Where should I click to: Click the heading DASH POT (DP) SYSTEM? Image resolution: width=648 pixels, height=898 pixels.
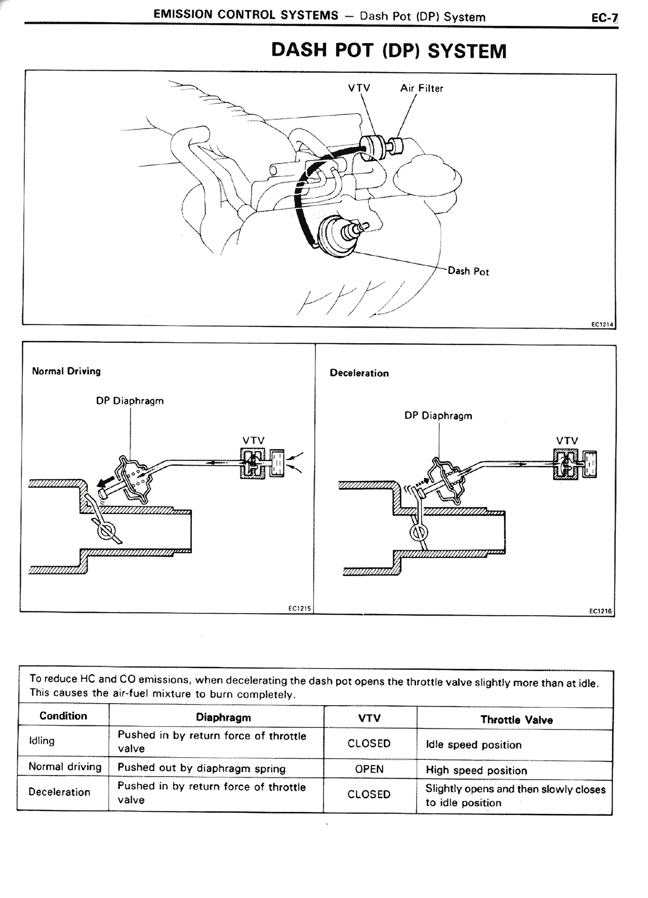[389, 51]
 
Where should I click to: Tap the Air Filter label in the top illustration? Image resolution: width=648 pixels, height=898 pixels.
[421, 89]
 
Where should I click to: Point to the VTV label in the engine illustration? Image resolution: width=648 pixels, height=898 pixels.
[359, 88]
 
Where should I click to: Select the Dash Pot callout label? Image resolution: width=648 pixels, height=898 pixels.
[468, 271]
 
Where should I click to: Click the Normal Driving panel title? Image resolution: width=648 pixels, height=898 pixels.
[66, 371]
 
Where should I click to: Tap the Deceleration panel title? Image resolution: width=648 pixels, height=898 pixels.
[359, 373]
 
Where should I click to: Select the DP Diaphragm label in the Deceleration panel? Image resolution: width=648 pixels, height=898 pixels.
[438, 416]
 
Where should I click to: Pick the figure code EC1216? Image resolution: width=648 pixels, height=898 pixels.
[600, 611]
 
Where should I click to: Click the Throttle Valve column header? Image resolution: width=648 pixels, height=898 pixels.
[516, 720]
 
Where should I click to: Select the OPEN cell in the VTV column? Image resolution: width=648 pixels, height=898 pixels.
[369, 769]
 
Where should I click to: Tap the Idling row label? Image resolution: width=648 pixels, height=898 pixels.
[42, 741]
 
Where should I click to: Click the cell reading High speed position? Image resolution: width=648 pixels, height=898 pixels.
[476, 770]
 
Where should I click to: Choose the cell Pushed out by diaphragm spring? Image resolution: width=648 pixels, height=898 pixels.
[201, 768]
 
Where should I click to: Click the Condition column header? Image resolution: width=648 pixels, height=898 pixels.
[63, 716]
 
